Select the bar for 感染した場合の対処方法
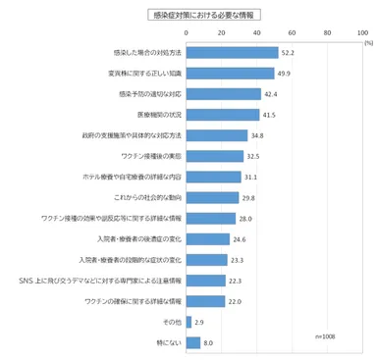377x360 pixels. tap(217, 53)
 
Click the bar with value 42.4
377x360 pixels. tap(209, 94)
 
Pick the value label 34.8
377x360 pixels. tap(257, 135)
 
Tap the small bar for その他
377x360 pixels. tap(187, 321)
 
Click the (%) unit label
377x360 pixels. tap(367, 43)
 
